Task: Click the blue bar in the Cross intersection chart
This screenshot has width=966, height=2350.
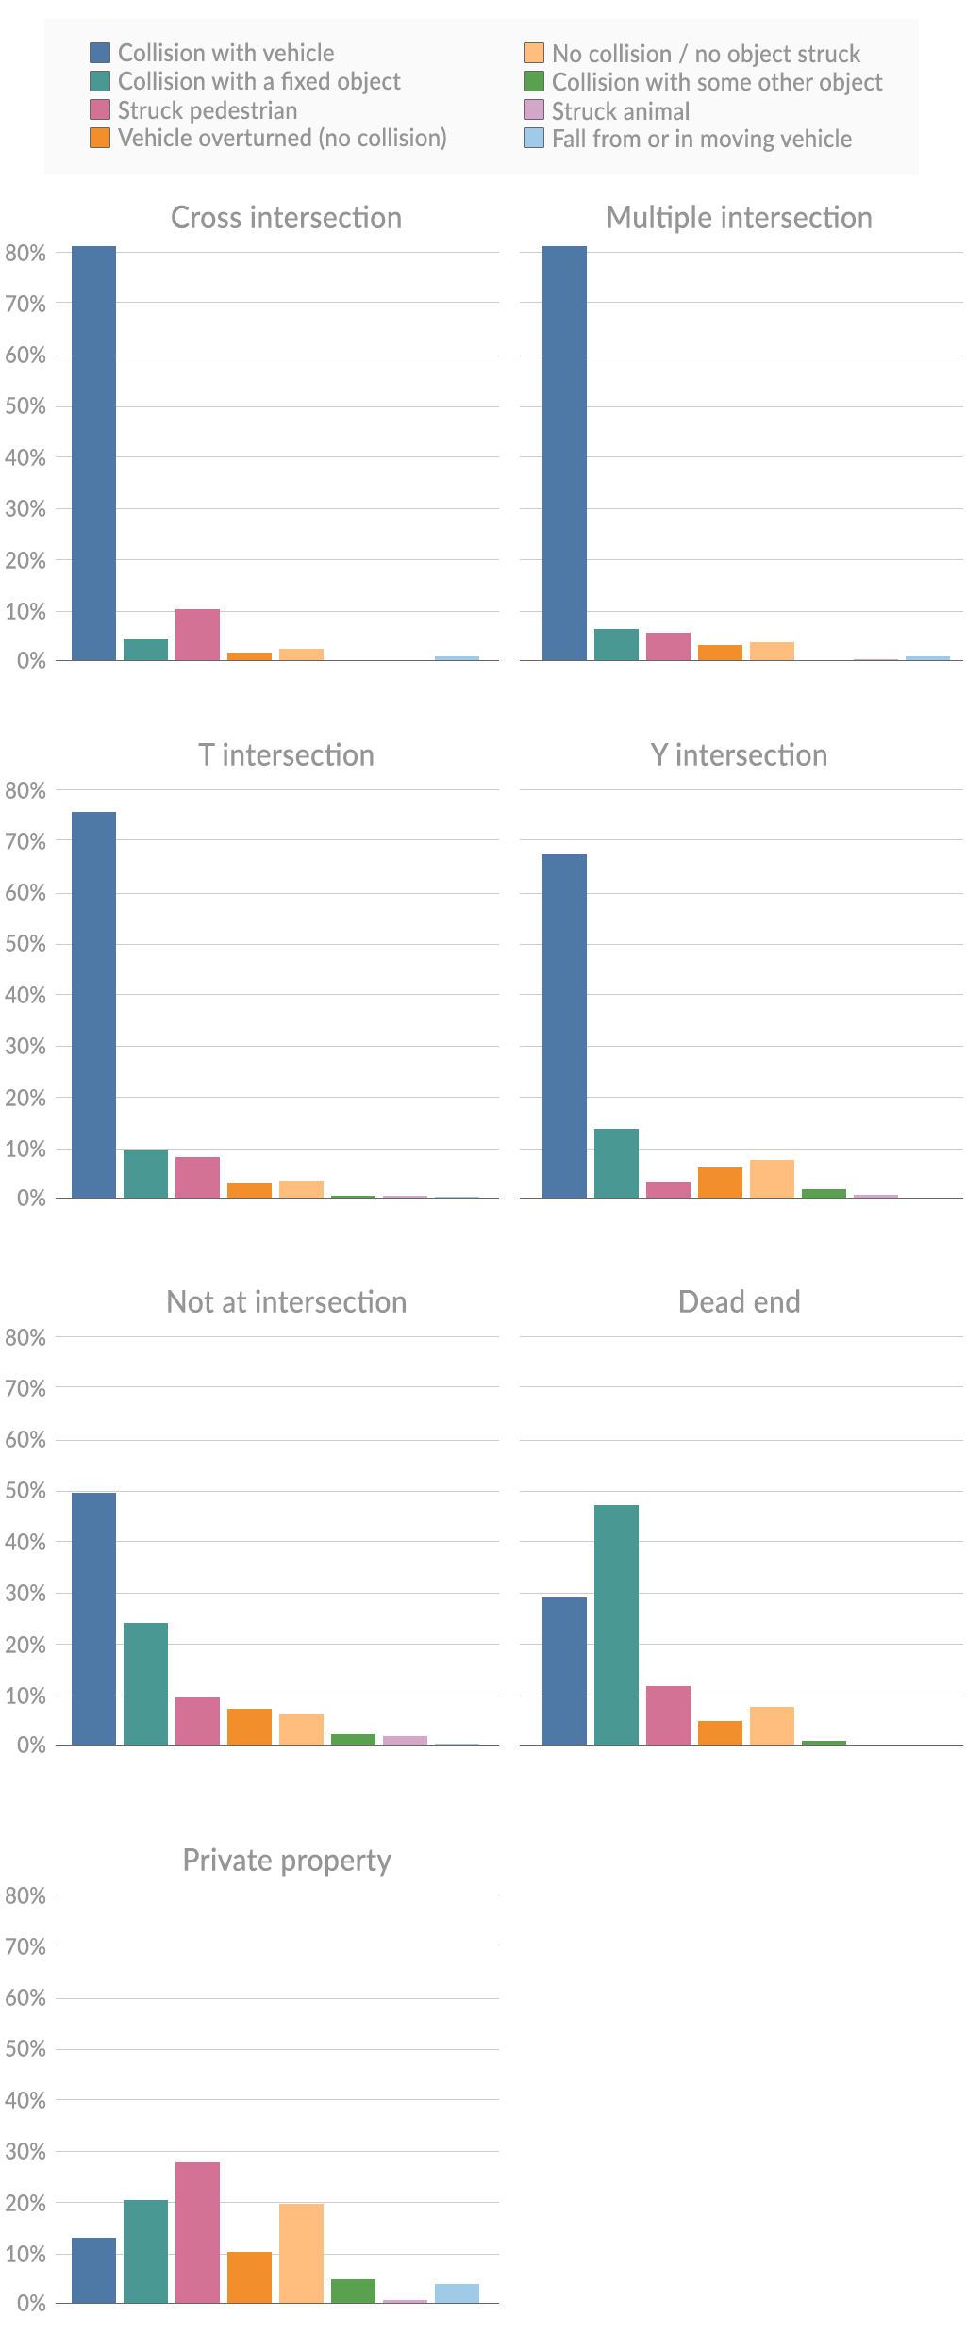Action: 93,453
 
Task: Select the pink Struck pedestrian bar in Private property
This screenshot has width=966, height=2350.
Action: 197,2232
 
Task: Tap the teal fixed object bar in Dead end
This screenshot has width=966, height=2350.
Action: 616,1624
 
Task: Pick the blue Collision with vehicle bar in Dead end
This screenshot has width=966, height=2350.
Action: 564,1670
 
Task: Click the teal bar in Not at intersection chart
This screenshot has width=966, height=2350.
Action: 145,1683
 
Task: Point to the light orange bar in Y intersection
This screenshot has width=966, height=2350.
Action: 772,1179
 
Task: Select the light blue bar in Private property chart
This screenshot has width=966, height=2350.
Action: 457,2292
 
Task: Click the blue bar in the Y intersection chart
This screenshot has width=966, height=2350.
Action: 564,1026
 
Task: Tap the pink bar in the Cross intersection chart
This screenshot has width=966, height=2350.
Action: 197,635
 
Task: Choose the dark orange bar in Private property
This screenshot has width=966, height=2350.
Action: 249,2276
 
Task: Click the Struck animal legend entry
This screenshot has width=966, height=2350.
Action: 620,111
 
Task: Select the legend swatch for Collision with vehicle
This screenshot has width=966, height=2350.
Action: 100,53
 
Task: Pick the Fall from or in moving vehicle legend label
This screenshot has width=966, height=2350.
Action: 701,140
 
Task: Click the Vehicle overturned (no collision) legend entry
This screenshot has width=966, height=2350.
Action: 281,139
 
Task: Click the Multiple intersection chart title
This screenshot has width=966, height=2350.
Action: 739,218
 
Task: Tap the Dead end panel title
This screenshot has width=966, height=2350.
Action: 739,1302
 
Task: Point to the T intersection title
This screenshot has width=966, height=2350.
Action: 286,755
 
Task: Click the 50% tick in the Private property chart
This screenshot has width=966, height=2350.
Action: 25,2049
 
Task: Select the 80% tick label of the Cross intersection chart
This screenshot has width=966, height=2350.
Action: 25,254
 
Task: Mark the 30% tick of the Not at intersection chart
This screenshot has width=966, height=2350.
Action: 25,1594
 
